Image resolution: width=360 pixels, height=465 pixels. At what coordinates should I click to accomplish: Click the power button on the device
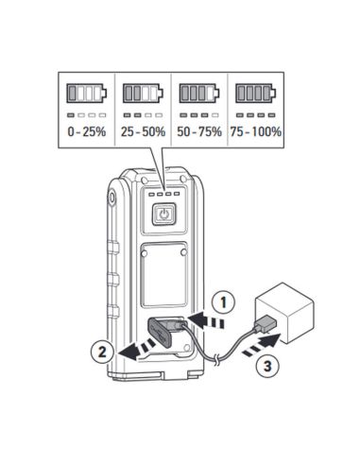[x=163, y=215]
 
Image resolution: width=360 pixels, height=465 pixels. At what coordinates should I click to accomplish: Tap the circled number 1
[x=223, y=303]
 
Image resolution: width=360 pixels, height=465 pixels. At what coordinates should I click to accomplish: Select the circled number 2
[x=102, y=352]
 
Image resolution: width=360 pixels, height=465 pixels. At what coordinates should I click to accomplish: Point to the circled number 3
[x=267, y=366]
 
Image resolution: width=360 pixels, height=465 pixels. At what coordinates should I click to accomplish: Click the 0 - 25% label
[x=87, y=131]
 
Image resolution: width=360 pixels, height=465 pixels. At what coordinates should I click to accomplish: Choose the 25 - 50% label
[x=143, y=131]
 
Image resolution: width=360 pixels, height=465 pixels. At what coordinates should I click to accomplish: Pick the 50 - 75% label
[x=199, y=131]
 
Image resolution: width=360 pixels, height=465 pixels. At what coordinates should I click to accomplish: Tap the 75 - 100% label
[x=256, y=131]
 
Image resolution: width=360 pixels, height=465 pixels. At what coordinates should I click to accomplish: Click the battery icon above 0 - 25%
[x=86, y=94]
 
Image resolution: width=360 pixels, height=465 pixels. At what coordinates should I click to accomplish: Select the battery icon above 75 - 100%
[x=256, y=94]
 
